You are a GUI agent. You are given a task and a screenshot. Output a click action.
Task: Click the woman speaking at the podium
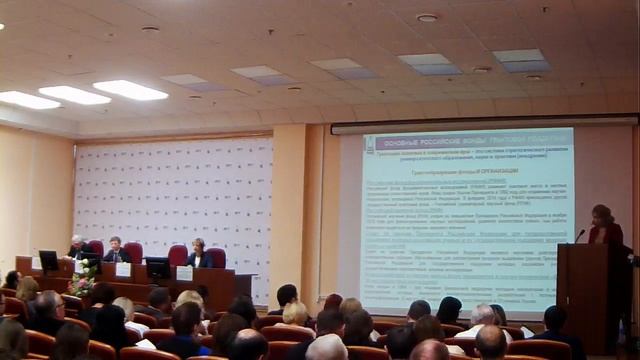coord(604,227)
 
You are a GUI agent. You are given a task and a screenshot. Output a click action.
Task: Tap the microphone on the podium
coord(579,235)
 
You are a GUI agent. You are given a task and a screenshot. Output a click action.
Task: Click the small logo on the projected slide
coord(370,146)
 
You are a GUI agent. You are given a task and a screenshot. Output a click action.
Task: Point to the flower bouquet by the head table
coord(81,281)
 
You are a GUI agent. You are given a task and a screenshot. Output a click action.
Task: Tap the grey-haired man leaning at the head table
coord(78,247)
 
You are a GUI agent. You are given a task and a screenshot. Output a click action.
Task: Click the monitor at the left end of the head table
coord(48,260)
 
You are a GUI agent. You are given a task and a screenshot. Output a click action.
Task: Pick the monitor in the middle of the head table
coord(157,267)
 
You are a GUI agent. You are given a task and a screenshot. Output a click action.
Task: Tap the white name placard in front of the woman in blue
coord(184,273)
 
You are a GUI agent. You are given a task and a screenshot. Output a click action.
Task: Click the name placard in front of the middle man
coord(123,269)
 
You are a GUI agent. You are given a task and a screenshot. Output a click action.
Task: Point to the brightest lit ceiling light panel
coord(130,90)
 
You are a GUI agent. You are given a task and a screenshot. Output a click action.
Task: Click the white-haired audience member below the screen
coord(482,315)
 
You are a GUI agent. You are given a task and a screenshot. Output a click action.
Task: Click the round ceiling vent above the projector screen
coord(427,17)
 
